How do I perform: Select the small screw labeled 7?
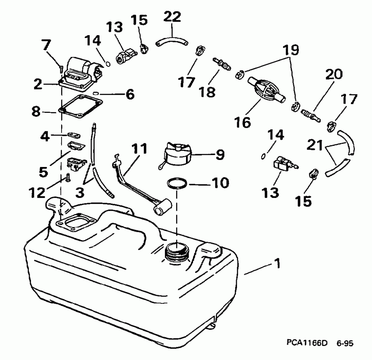(60, 64)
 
